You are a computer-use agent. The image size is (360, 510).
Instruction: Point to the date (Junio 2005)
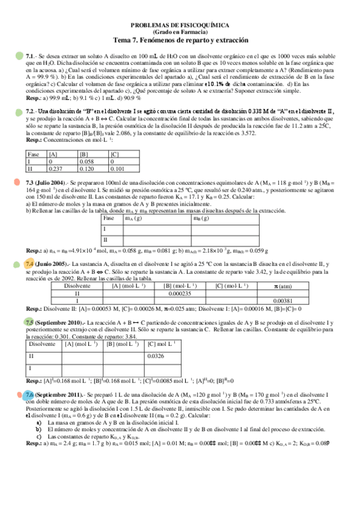pyautogui.click(x=53, y=264)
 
